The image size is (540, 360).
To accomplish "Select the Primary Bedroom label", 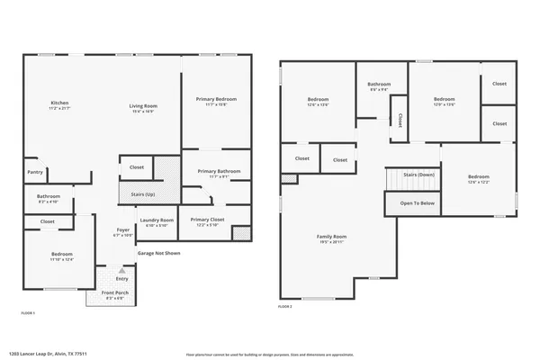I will [x=216, y=101].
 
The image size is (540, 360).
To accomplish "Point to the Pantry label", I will [x=35, y=172].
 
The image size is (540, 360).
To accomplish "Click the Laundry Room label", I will [x=156, y=222].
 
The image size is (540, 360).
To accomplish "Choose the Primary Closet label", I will [x=206, y=221].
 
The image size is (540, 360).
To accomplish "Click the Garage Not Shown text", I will [x=158, y=254].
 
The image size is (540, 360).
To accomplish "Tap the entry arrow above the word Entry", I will [x=121, y=269].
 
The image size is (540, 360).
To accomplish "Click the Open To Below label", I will [x=418, y=203].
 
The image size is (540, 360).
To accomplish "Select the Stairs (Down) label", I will [x=418, y=175].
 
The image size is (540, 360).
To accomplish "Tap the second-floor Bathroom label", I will [x=378, y=86].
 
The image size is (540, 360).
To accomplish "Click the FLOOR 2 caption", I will [x=284, y=308].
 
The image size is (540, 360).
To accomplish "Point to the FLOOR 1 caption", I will [x=28, y=312].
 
